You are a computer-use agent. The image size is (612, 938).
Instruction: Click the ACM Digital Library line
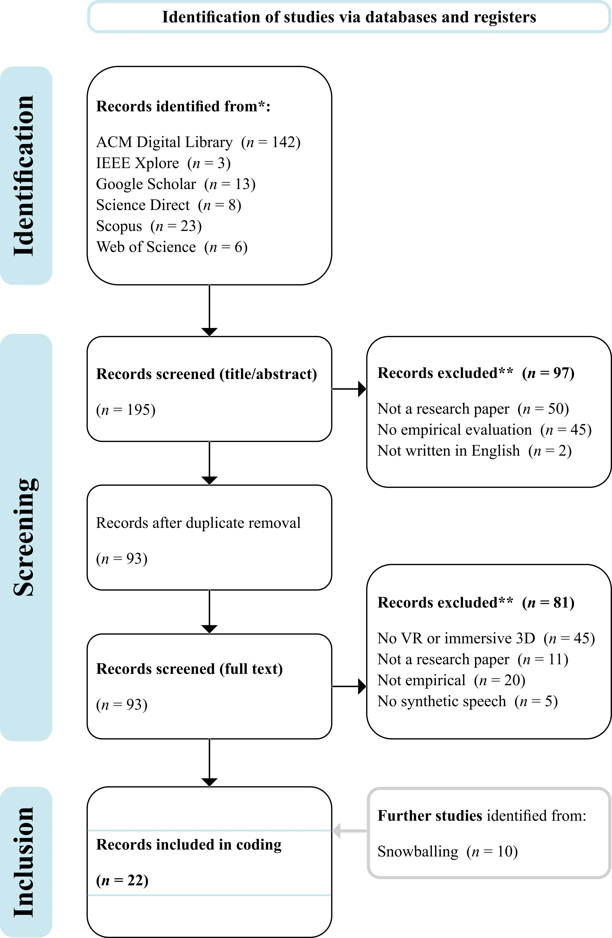[198, 142]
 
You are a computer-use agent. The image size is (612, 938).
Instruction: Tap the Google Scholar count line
[176, 184]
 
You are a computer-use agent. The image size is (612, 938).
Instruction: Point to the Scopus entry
[149, 226]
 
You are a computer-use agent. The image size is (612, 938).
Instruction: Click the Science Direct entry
[169, 205]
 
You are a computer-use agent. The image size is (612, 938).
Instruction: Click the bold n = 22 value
[122, 880]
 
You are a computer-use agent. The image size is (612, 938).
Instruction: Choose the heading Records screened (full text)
[189, 669]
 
